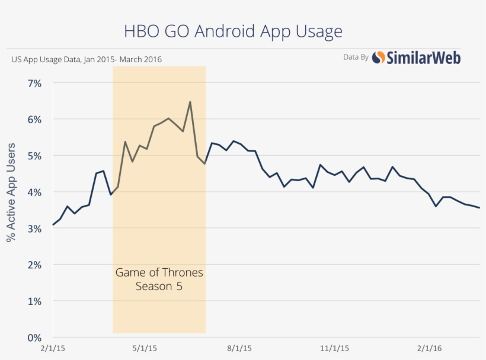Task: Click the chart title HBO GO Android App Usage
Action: pos(232,31)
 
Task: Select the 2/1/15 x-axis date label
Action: pos(53,349)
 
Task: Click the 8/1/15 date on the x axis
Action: pos(239,349)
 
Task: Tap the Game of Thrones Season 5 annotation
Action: pos(159,279)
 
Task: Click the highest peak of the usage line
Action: pos(190,102)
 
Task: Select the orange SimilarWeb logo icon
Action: pos(378,57)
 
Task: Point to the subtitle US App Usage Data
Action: pos(87,59)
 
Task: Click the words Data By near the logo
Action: pos(356,57)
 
